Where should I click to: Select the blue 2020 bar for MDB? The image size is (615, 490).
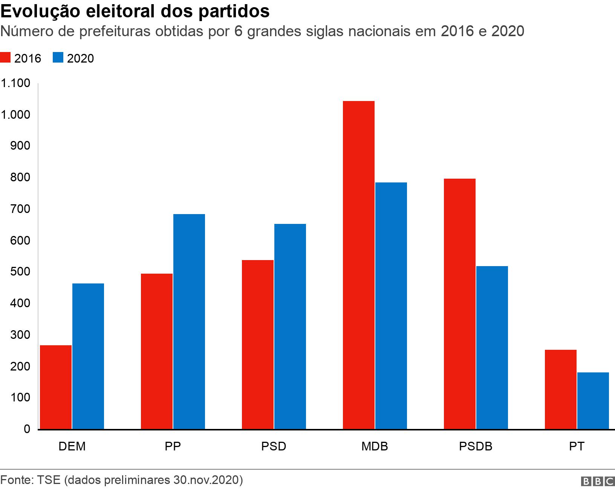pos(391,306)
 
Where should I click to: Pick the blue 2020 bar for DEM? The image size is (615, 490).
pos(88,356)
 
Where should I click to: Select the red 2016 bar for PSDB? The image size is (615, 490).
pos(460,304)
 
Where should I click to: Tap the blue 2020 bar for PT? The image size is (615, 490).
pos(593,401)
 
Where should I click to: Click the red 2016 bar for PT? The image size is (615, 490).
pos(561,389)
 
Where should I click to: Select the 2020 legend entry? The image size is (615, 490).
pos(73,58)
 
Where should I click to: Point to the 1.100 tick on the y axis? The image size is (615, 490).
pos(16,83)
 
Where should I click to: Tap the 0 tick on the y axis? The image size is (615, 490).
pos(27,429)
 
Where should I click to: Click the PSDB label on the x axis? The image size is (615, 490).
pos(476,446)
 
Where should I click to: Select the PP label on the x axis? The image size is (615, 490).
pos(173,446)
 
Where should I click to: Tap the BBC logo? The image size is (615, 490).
pos(598,481)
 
